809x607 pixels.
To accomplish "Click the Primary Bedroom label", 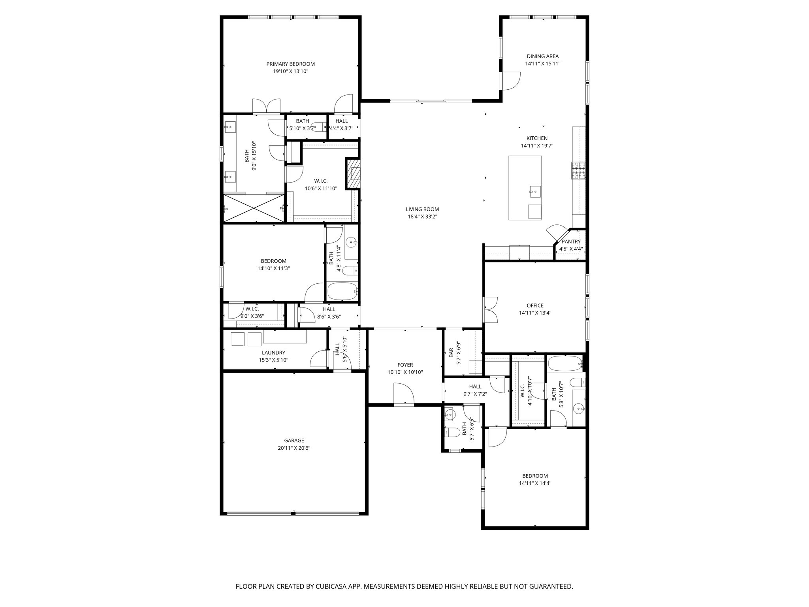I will click(290, 64).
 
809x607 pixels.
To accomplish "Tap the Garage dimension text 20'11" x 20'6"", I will click(294, 448).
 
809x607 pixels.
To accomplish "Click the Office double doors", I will click(490, 309).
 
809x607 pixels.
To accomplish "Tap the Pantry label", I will click(571, 242).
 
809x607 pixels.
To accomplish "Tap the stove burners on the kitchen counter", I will click(578, 170).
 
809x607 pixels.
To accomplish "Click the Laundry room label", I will click(273, 353).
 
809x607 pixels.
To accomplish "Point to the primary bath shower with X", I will click(254, 208).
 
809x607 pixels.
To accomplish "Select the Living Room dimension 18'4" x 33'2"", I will click(422, 217).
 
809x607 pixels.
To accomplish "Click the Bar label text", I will click(451, 353).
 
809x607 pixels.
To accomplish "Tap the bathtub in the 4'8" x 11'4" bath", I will click(342, 292).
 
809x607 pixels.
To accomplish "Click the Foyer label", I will click(405, 365).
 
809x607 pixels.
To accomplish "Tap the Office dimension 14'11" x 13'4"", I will click(535, 313).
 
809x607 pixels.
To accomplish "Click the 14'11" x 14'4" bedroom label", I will click(535, 476).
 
